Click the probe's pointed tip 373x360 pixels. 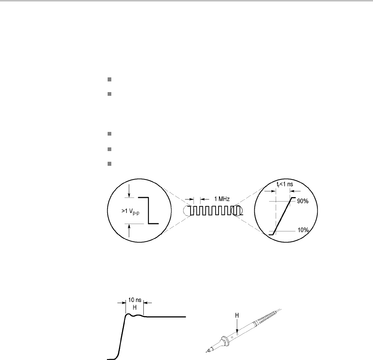(x=207, y=350)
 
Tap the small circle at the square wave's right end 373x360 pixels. (x=236, y=211)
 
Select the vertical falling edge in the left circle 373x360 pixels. (x=148, y=210)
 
